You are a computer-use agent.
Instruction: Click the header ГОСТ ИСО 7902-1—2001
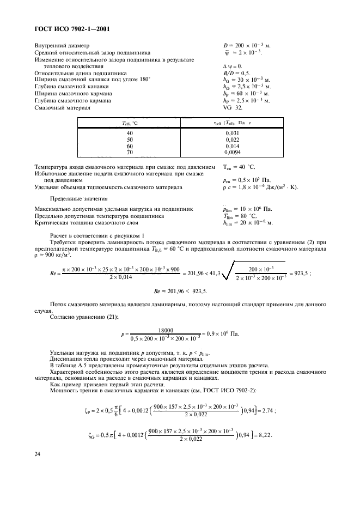[73, 30]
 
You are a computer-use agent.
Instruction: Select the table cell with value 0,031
[231, 133]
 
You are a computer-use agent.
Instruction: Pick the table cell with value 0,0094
[231, 154]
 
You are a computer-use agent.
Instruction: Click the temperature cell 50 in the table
[130, 140]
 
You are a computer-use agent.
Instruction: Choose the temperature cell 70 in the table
[130, 154]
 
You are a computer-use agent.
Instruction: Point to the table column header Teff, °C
[130, 123]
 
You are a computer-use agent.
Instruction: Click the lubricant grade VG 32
[232, 108]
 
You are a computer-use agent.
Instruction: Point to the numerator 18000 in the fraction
[165, 330]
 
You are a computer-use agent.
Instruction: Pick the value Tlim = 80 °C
[243, 216]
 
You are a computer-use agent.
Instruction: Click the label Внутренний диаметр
[63, 45]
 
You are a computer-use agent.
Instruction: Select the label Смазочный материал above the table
[62, 108]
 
